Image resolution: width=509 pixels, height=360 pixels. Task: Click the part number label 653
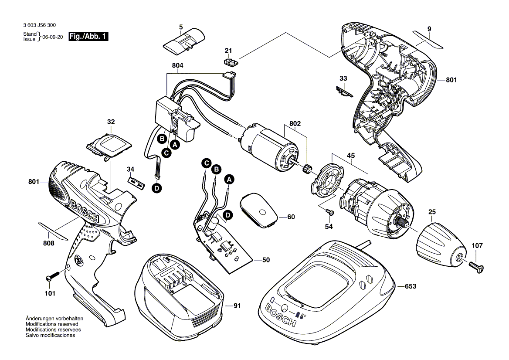point(411,286)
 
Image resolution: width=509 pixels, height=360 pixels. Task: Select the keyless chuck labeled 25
point(440,241)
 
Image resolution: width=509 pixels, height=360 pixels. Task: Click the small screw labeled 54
point(330,212)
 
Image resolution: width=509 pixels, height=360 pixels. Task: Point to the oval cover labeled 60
point(259,211)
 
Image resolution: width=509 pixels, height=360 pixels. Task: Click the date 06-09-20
point(53,37)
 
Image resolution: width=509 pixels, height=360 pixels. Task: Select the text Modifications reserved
point(52,324)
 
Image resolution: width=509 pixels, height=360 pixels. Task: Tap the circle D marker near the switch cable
point(157,188)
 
